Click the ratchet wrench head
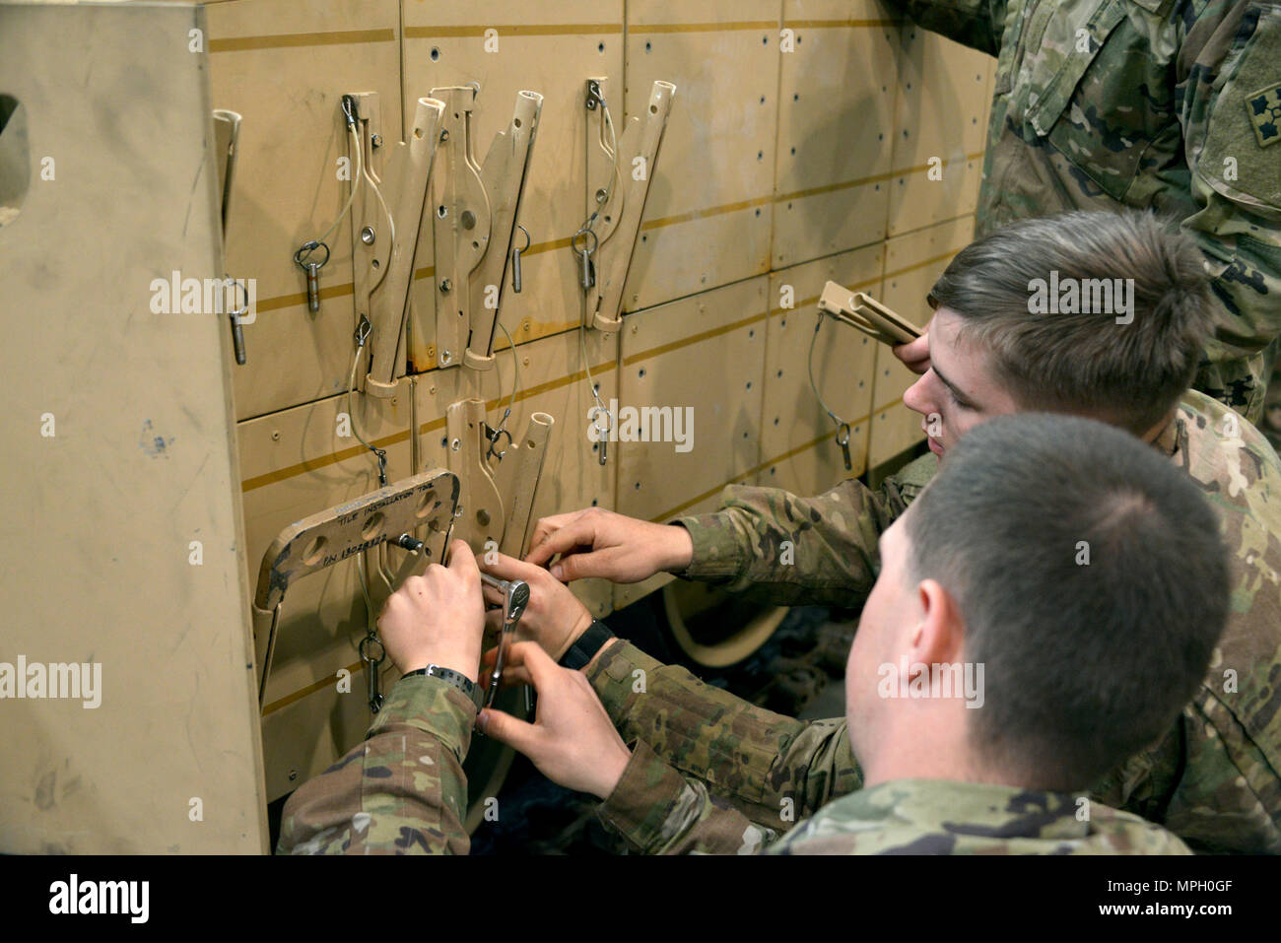click(x=514, y=594)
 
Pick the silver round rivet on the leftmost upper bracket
click(x=368, y=235)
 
